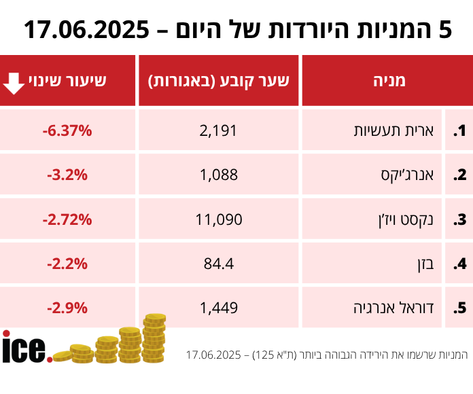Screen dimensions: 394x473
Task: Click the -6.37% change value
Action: tap(67, 130)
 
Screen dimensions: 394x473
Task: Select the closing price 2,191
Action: tap(219, 130)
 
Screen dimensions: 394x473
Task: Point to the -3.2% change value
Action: tap(67, 175)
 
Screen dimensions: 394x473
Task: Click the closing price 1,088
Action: tap(219, 175)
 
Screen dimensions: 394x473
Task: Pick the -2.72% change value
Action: tap(67, 219)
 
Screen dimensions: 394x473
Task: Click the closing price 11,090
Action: tap(219, 219)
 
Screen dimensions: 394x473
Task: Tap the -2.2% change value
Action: tap(67, 264)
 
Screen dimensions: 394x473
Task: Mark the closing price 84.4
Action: tap(219, 264)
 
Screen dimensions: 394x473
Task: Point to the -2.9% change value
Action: tap(67, 308)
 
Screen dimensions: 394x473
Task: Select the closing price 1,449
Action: tap(219, 308)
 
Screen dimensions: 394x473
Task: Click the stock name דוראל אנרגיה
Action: tap(401, 308)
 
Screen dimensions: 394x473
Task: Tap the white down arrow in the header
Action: tap(14, 81)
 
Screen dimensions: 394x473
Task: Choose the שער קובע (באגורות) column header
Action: tap(219, 81)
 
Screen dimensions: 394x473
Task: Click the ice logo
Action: tap(27, 348)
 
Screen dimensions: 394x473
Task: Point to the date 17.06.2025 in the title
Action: tap(86, 30)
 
